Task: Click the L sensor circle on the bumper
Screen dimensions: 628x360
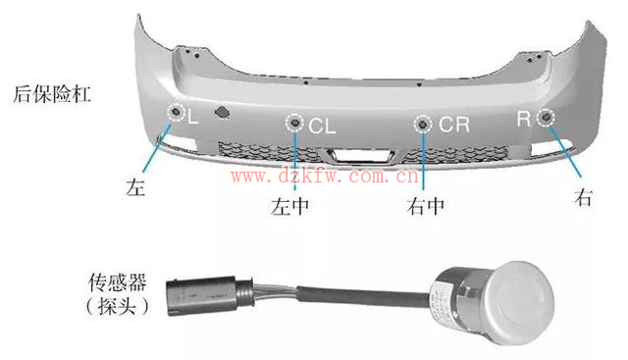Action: click(176, 112)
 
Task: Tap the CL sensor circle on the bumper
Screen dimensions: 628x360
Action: click(295, 123)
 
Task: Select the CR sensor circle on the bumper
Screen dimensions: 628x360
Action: click(423, 125)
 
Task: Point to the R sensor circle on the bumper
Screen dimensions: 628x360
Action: click(546, 117)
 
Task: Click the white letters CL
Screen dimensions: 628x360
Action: click(322, 126)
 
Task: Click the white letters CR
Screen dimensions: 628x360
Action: click(454, 125)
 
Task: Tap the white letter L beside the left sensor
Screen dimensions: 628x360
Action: click(192, 118)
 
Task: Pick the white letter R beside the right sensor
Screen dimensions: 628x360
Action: click(524, 119)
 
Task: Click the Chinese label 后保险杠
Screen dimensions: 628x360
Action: click(52, 94)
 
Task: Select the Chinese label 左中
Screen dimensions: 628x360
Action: click(290, 207)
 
